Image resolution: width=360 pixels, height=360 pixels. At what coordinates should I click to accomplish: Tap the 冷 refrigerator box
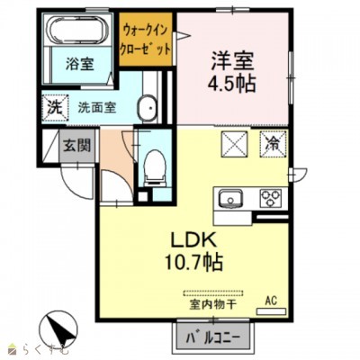tap(272, 142)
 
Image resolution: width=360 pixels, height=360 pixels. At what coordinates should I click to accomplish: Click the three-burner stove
tap(270, 199)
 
